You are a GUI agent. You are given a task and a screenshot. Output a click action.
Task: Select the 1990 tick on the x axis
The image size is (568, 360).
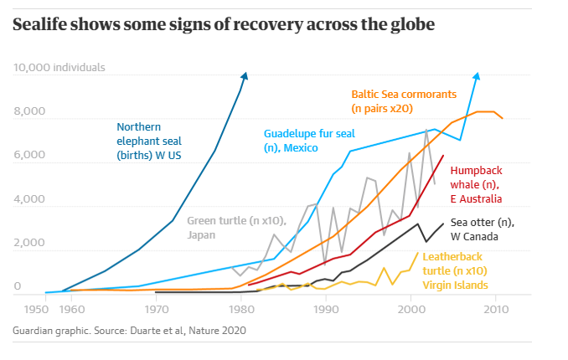click(326, 309)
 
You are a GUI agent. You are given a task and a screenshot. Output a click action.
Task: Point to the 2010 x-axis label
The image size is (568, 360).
click(496, 309)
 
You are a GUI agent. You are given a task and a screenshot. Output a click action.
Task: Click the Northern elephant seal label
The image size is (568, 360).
click(149, 141)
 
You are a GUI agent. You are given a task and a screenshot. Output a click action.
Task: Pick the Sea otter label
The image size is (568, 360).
click(482, 229)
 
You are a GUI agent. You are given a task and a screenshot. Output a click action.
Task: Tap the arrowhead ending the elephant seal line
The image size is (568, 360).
click(245, 77)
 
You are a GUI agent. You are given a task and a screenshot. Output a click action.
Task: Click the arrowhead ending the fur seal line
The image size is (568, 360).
click(477, 77)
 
